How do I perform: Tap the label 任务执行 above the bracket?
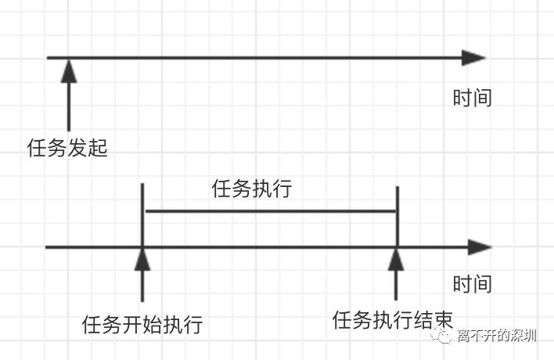point(251,189)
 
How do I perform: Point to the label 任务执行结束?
point(393,320)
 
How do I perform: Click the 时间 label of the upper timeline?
point(472,98)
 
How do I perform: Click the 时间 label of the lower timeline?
point(472,283)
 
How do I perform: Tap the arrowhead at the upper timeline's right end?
point(473,58)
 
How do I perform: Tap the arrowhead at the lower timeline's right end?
point(478,247)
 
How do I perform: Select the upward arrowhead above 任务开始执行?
point(142,259)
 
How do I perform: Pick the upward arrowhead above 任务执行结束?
point(397,258)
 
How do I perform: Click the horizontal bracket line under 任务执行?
point(270,211)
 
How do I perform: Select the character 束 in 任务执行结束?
point(442,320)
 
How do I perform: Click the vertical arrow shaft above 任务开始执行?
point(142,286)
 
